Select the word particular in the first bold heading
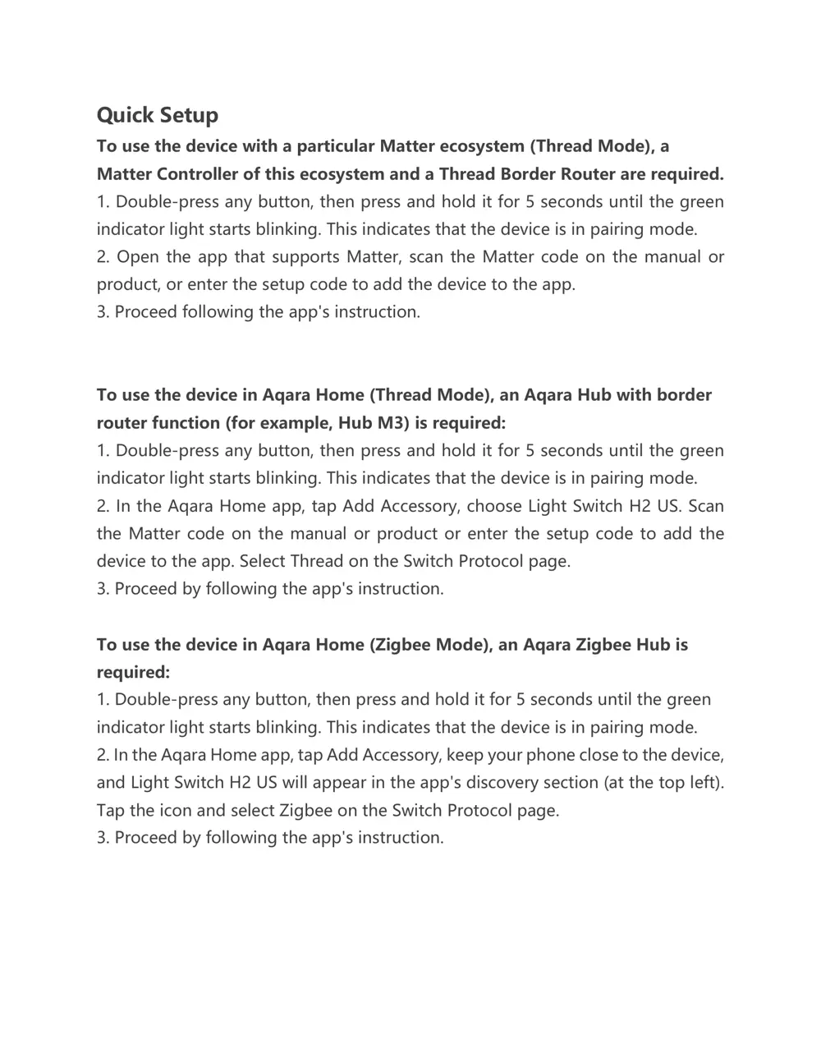click(335, 146)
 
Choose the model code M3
click(392, 423)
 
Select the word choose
click(493, 506)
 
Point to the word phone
click(550, 755)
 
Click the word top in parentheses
click(671, 783)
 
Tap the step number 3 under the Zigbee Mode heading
click(102, 838)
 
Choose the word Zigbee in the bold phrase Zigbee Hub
click(603, 645)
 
